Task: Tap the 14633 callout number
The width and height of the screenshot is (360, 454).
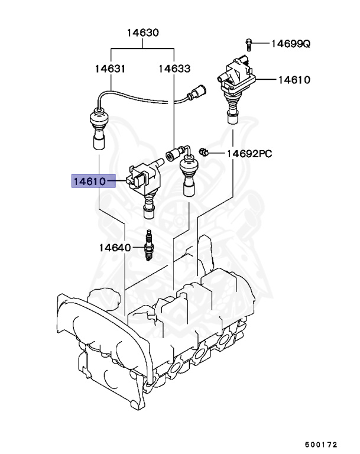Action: tap(174, 69)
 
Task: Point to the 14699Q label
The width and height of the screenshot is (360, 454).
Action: tap(290, 43)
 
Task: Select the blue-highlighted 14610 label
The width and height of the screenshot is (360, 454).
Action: tap(93, 181)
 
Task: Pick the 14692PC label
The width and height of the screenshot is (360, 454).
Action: tap(249, 154)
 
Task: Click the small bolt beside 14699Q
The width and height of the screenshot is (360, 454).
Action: tap(249, 43)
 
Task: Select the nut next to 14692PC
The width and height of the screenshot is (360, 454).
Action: tap(203, 153)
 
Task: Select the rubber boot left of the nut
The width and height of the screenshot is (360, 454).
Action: tap(187, 175)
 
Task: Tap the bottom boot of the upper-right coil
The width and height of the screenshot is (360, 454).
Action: tap(231, 112)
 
